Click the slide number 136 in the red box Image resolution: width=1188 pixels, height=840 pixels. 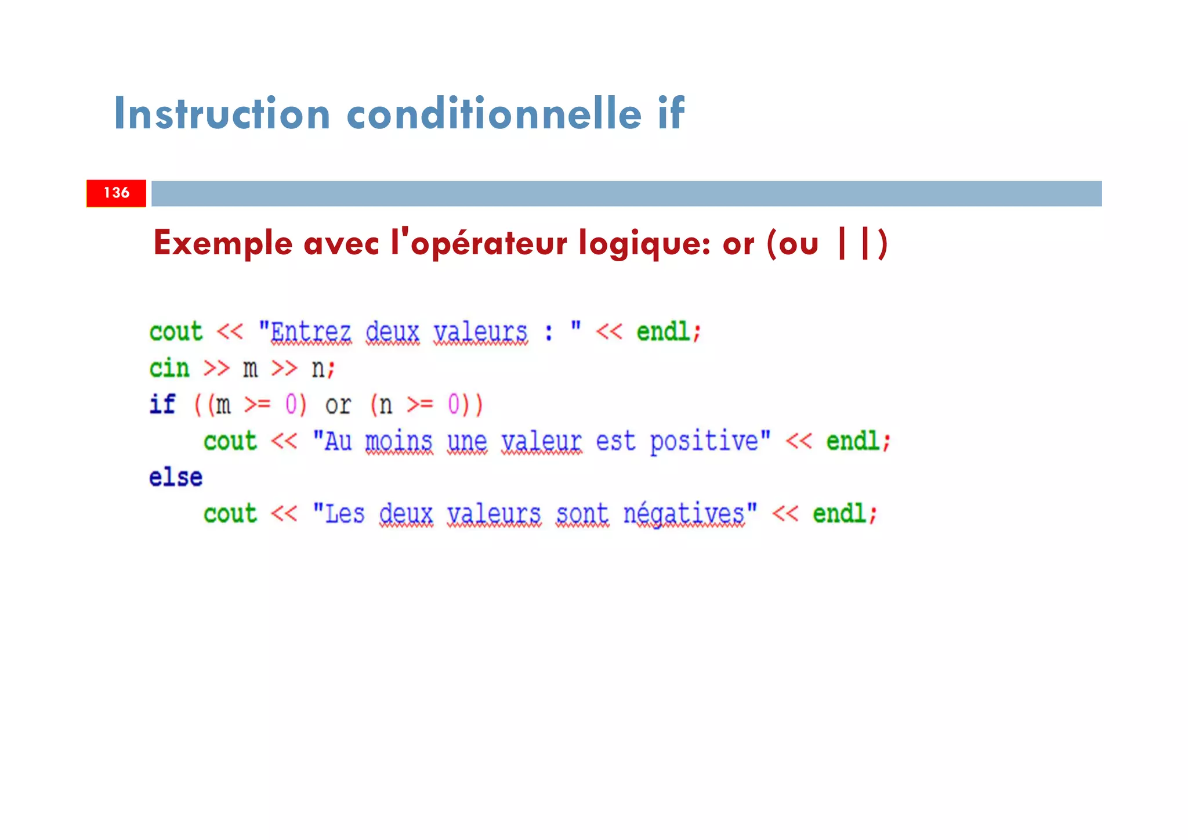(116, 193)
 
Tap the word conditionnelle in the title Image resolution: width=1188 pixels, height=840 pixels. (494, 113)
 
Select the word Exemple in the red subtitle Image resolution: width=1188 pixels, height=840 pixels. (223, 244)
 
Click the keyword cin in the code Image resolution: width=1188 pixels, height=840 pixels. (169, 369)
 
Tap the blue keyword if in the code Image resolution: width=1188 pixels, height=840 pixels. (162, 405)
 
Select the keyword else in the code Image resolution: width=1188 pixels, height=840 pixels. (176, 478)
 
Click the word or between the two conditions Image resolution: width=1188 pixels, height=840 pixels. (338, 405)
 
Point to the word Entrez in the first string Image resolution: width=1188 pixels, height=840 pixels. (311, 333)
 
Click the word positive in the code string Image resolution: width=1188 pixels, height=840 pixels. (704, 442)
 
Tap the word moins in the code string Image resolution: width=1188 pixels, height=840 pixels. (399, 442)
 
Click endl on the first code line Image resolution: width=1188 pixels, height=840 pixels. (663, 333)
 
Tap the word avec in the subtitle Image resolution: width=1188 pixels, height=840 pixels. (342, 244)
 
